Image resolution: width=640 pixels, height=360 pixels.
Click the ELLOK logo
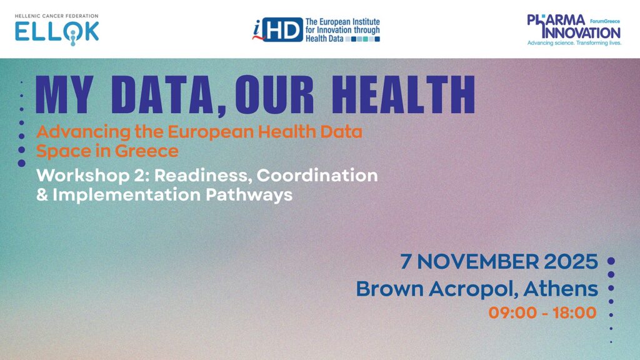click(x=57, y=30)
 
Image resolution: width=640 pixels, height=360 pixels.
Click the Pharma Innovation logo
click(x=574, y=30)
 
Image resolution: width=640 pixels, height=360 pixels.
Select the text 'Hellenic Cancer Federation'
click(x=57, y=16)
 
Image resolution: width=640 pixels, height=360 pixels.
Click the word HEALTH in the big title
click(x=403, y=94)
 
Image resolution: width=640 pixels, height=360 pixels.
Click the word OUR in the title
click(x=274, y=94)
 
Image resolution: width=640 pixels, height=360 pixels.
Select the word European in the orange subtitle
click(x=210, y=132)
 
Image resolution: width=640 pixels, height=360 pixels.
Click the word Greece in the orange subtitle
click(x=146, y=151)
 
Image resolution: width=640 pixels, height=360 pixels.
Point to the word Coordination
click(x=317, y=176)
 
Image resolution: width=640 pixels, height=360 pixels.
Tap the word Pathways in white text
click(x=249, y=195)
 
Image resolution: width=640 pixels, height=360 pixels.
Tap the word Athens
click(x=561, y=289)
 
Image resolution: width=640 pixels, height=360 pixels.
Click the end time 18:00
click(x=575, y=313)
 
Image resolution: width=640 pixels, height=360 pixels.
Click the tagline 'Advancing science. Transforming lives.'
click(x=574, y=43)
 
